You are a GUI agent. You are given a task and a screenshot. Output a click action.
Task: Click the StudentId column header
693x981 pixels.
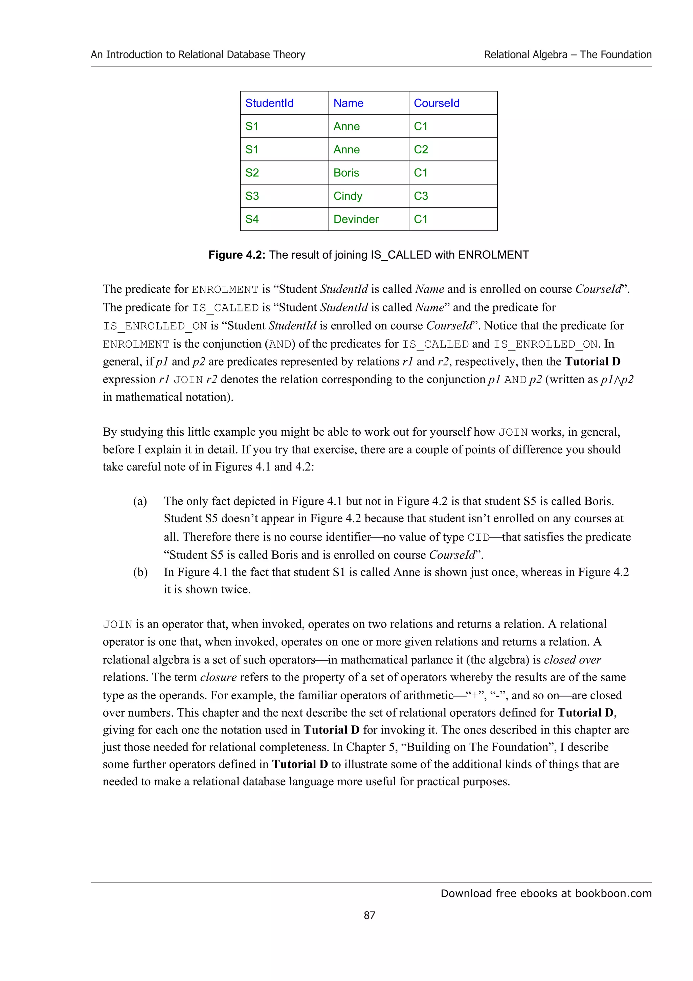269,103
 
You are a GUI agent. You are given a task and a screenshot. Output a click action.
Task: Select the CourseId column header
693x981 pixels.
437,103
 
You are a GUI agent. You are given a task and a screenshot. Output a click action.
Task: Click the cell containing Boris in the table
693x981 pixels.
346,173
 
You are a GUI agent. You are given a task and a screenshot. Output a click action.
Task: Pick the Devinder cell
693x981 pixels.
356,219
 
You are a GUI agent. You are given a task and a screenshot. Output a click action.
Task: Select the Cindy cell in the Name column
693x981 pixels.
348,196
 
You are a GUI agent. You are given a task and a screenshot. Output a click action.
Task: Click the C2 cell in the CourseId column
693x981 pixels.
421,150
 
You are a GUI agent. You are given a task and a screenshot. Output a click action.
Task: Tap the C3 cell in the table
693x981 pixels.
421,196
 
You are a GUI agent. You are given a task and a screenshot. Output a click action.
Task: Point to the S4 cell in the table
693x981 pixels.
252,219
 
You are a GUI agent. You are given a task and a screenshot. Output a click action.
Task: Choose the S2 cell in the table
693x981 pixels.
252,173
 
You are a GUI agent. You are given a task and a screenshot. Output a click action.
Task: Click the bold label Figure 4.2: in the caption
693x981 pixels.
237,255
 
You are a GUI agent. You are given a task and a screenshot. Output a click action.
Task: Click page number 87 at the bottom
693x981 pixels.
370,916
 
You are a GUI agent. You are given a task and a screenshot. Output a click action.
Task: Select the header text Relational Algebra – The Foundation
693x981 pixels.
567,55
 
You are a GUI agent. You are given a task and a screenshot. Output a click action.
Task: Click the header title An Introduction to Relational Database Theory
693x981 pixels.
198,55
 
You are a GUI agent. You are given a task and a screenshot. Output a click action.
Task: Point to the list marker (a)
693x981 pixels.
140,501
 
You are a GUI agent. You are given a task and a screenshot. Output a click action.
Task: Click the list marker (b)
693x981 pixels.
140,572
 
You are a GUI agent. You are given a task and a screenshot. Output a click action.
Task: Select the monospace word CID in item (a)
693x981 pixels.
478,538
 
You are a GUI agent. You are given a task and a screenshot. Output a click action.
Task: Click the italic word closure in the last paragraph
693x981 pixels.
218,677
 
